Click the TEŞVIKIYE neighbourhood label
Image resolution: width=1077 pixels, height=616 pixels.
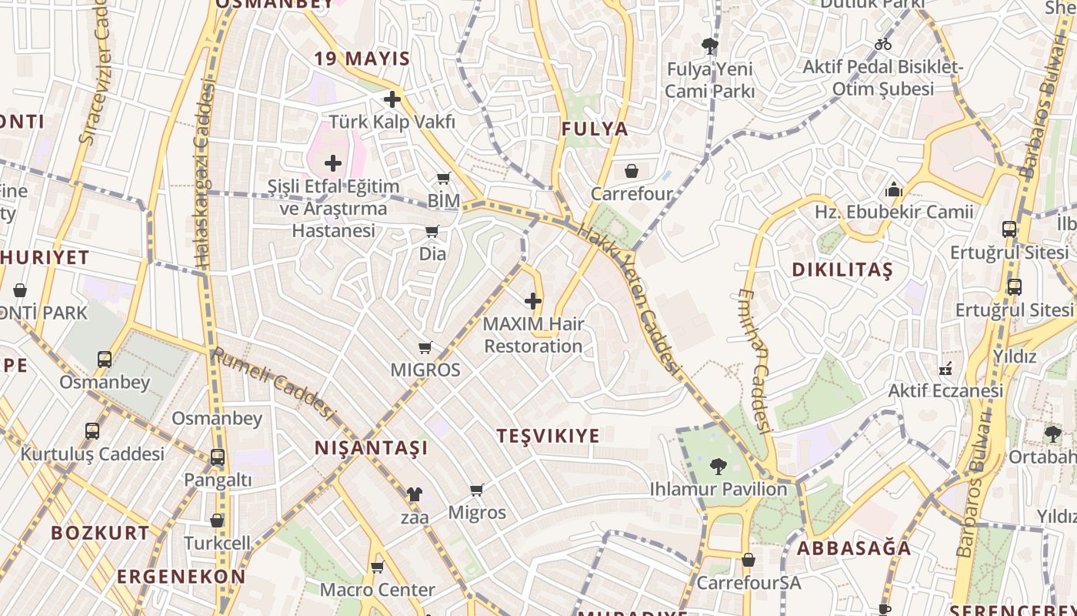(x=548, y=436)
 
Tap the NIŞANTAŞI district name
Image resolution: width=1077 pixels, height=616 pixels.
(x=371, y=448)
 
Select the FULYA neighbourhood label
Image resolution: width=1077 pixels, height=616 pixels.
(x=595, y=129)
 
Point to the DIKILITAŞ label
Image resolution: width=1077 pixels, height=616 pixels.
(x=842, y=270)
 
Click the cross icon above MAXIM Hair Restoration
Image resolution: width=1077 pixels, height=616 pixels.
(x=533, y=301)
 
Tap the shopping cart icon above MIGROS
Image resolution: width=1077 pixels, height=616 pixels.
(x=425, y=348)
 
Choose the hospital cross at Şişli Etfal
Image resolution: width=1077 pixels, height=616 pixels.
(x=333, y=163)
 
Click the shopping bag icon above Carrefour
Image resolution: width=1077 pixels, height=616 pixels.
(x=632, y=171)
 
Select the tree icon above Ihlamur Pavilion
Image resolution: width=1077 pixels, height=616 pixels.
(x=718, y=466)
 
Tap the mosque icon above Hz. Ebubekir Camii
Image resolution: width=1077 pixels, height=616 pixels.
(x=894, y=189)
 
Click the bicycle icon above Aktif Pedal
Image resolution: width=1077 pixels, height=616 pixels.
(x=883, y=44)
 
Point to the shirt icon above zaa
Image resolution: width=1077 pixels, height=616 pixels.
(x=415, y=494)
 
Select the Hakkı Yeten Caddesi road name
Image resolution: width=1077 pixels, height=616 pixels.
(x=630, y=300)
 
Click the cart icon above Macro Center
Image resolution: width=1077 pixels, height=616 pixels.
(x=377, y=567)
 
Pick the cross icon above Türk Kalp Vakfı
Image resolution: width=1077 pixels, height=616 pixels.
(x=392, y=99)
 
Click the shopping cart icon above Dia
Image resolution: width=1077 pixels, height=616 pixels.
(x=432, y=232)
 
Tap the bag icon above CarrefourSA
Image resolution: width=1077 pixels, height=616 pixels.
(x=749, y=560)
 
